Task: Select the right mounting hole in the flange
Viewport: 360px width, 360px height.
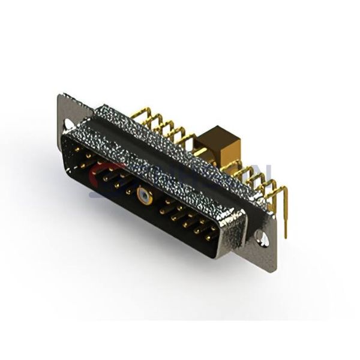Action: [x=262, y=238]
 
